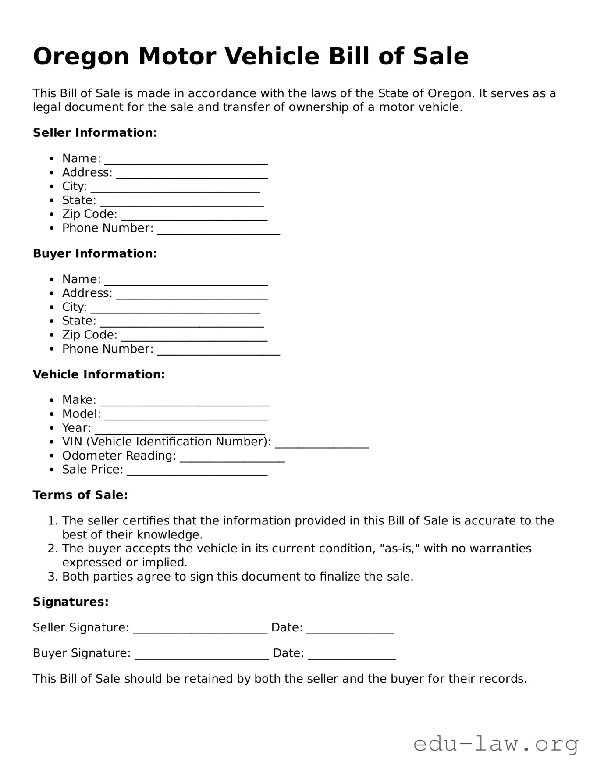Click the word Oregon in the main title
[x=81, y=57]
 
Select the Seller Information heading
[x=95, y=133]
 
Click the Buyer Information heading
[x=95, y=254]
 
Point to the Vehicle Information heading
[x=99, y=374]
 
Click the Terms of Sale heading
[x=80, y=495]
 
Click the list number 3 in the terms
[x=52, y=577]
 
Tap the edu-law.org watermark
[x=496, y=744]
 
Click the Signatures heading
[x=71, y=602]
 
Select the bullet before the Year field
[x=52, y=428]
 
